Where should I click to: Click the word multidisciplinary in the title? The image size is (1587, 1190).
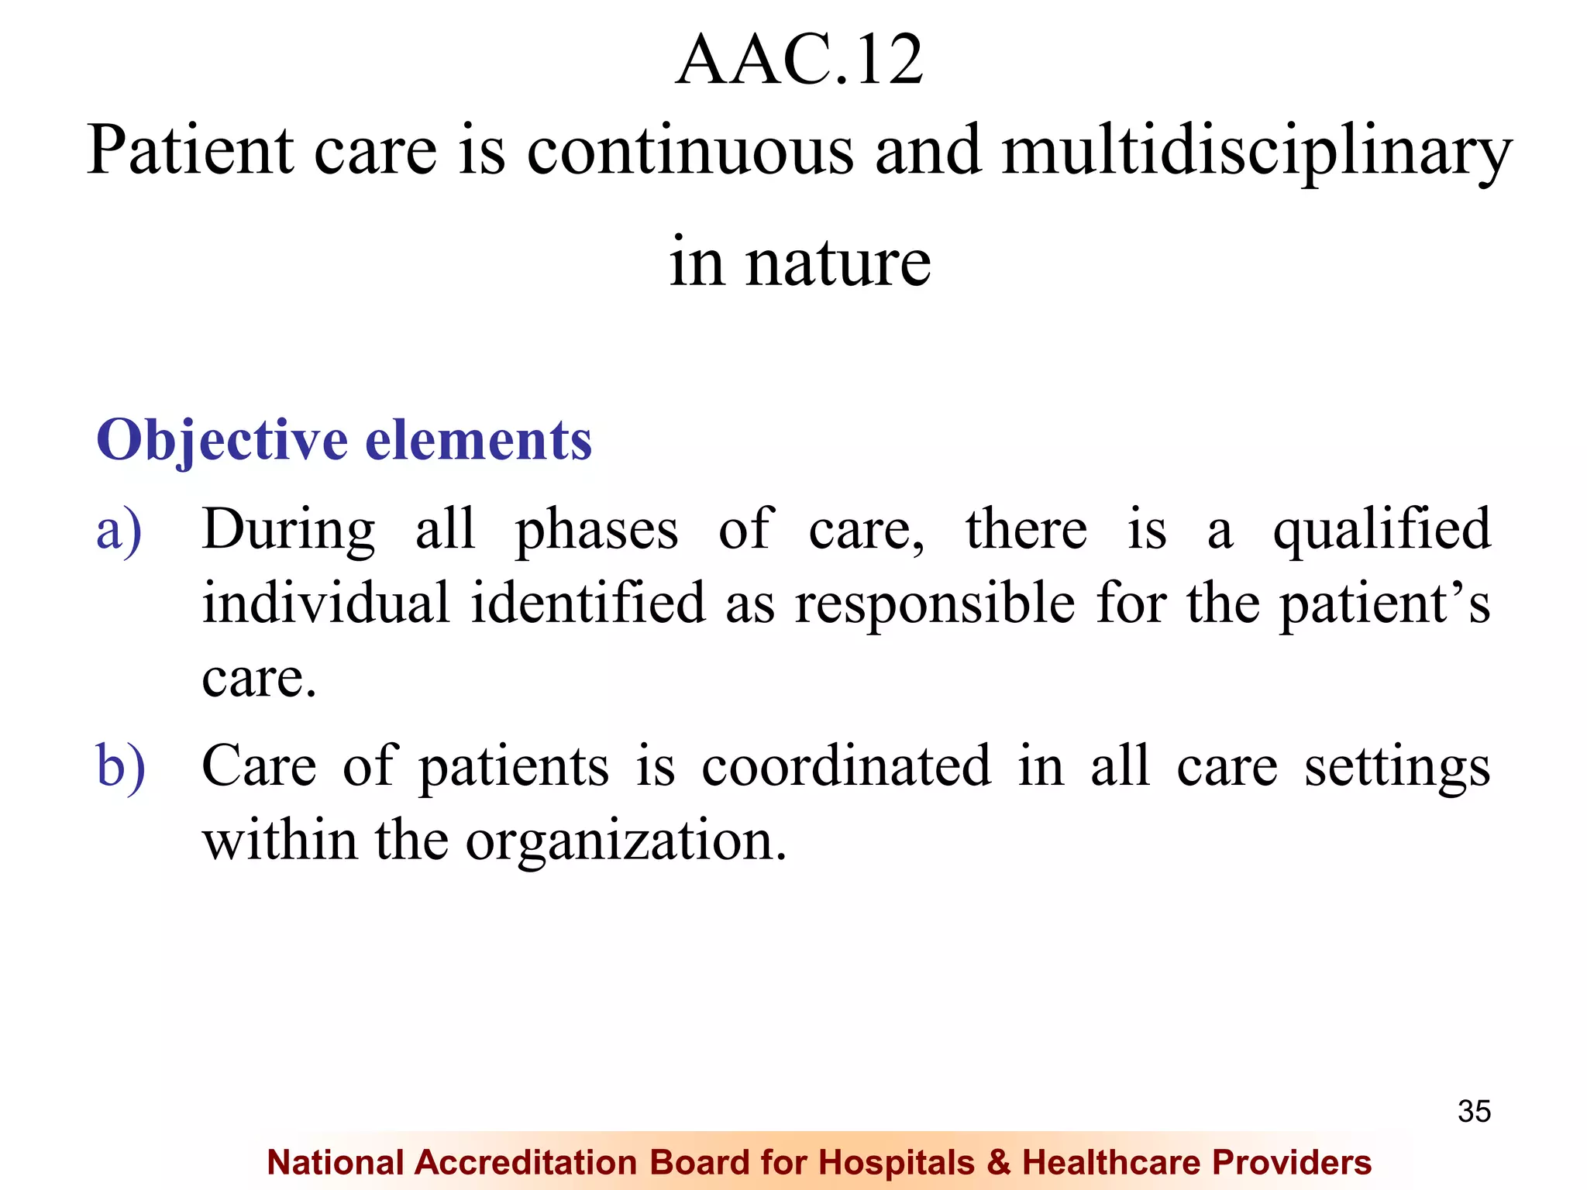pyautogui.click(x=1256, y=151)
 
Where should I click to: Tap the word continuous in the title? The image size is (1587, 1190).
pyautogui.click(x=690, y=151)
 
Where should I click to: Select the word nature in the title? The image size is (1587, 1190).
pyautogui.click(x=838, y=263)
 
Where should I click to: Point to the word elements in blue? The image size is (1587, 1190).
pyautogui.click(x=478, y=440)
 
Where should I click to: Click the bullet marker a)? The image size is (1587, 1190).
pyautogui.click(x=119, y=531)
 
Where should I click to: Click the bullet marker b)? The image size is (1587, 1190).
pyautogui.click(x=121, y=767)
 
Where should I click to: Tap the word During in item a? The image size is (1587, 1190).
pyautogui.click(x=288, y=531)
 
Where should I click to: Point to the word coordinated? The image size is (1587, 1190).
pyautogui.click(x=846, y=767)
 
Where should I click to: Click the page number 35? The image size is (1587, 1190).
pyautogui.click(x=1474, y=1112)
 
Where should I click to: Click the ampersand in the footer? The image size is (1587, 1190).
pyautogui.click(x=999, y=1163)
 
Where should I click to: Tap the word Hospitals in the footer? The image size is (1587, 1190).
pyautogui.click(x=897, y=1163)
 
